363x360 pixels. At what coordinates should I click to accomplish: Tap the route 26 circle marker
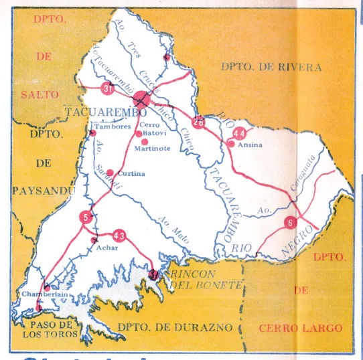(198, 122)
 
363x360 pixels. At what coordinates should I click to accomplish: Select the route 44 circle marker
(240, 132)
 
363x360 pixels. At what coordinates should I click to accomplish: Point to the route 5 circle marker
(85, 215)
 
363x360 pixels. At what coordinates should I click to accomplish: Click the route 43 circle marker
(120, 235)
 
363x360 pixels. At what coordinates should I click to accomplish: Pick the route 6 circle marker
(290, 223)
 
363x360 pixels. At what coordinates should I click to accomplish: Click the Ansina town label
(250, 145)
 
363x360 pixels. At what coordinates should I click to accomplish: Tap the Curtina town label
(131, 175)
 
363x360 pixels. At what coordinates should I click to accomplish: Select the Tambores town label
(112, 126)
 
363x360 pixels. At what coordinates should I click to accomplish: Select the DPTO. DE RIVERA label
(271, 68)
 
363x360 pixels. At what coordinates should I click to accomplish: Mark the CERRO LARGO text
(300, 329)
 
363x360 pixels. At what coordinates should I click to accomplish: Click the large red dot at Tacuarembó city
(142, 100)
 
